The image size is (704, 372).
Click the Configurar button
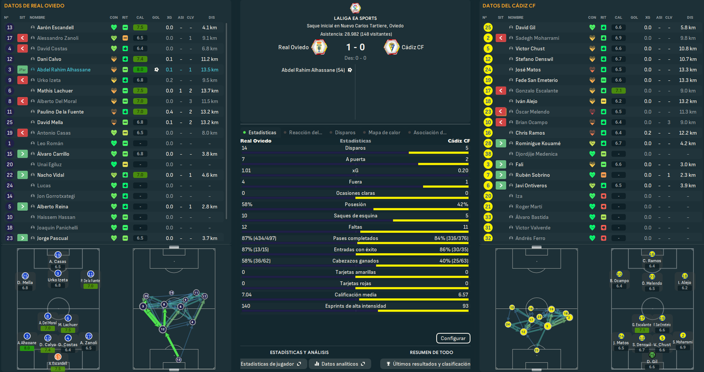pos(453,338)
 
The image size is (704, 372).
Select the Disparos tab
pos(345,133)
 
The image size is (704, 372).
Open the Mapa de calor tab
pos(384,133)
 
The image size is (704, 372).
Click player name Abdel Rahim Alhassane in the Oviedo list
pos(64,70)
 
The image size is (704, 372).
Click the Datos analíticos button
pos(339,364)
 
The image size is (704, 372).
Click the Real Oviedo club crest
pos(320,47)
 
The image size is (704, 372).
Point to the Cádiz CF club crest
pos(392,47)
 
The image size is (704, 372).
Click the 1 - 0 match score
pos(355,47)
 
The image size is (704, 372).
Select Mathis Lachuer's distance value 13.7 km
pos(210,91)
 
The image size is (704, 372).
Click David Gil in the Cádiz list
pos(525,28)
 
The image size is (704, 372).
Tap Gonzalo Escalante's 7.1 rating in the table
pos(618,91)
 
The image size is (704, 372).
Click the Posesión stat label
pos(355,204)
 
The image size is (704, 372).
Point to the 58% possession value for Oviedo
pos(247,204)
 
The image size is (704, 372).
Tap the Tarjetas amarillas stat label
pos(355,272)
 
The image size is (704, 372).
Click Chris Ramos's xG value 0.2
pos(647,133)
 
